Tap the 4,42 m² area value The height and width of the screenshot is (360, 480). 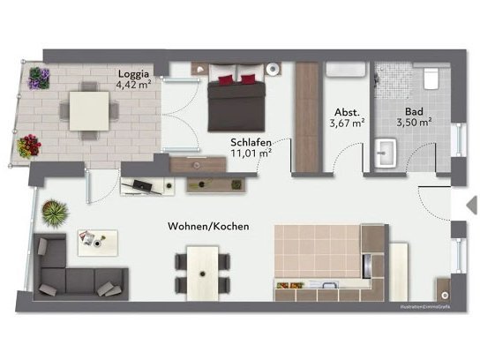point(133,86)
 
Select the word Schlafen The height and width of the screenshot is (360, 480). point(251,141)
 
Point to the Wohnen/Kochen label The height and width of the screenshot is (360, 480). point(208,227)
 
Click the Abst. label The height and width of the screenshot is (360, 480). point(346,112)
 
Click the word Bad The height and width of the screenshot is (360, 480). point(413,112)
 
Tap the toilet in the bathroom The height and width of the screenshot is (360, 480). point(431,79)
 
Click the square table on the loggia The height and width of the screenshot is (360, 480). point(87,110)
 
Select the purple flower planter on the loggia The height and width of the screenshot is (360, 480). point(38,79)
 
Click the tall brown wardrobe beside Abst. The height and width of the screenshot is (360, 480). point(306,117)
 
